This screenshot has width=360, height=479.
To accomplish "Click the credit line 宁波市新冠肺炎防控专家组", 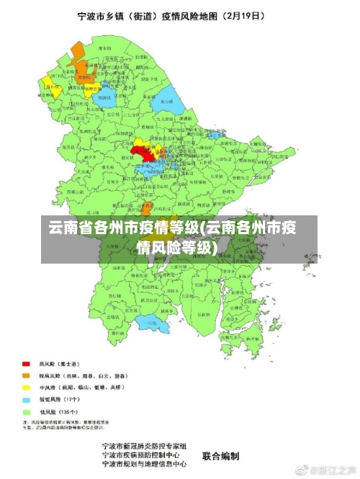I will tap(145, 447).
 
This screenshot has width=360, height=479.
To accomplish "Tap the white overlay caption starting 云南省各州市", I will tap(173, 238).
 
